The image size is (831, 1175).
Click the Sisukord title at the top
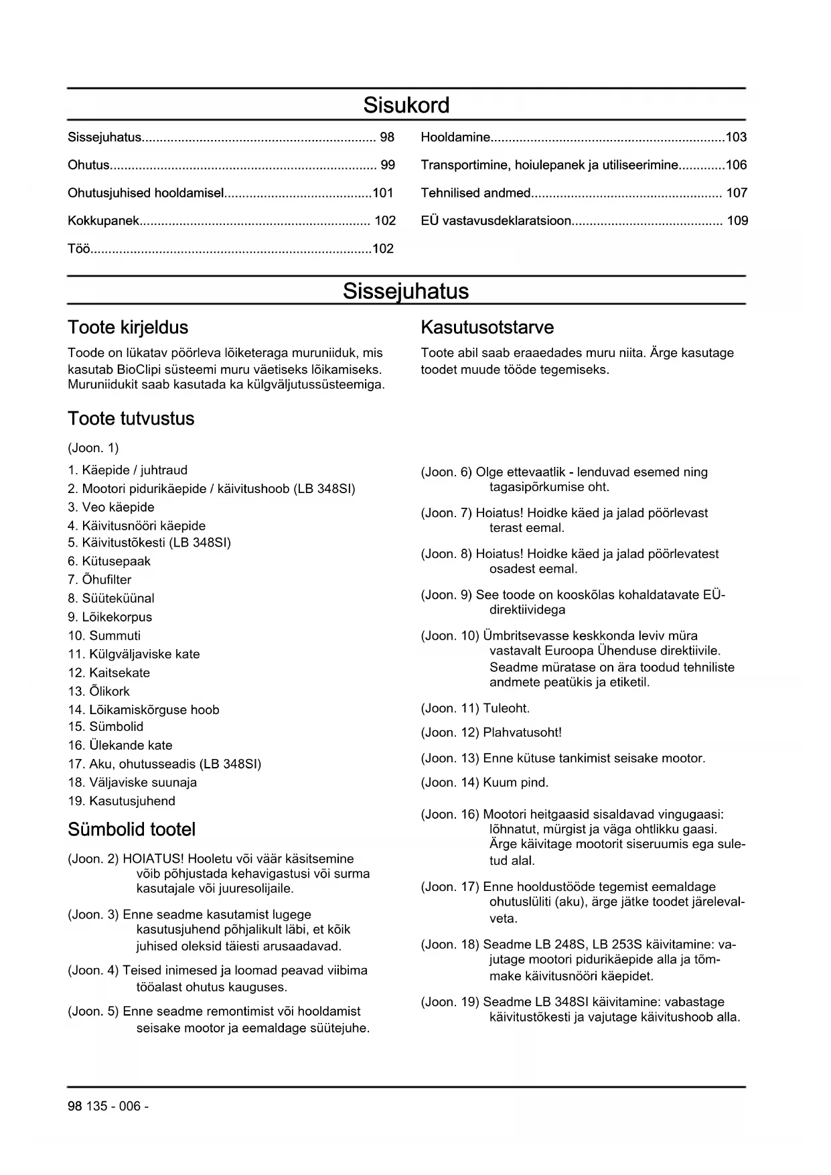[406, 105]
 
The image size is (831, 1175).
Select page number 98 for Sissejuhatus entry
[387, 137]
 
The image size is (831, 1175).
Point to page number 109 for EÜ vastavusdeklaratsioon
[737, 220]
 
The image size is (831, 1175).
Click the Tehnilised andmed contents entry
[475, 193]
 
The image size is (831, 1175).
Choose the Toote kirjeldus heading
[128, 328]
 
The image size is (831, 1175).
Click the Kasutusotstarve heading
[487, 328]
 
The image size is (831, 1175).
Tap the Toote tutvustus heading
[131, 419]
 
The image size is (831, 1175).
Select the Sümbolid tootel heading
[132, 829]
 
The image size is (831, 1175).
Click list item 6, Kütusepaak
[109, 561]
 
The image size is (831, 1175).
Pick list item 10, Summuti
[104, 636]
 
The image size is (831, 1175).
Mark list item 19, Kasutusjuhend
[122, 801]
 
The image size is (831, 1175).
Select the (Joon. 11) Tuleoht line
[475, 708]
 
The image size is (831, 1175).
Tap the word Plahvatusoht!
[522, 733]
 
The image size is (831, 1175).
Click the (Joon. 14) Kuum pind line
[485, 782]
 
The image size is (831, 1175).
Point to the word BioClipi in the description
[141, 369]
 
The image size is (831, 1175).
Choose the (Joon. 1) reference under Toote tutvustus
[93, 447]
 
